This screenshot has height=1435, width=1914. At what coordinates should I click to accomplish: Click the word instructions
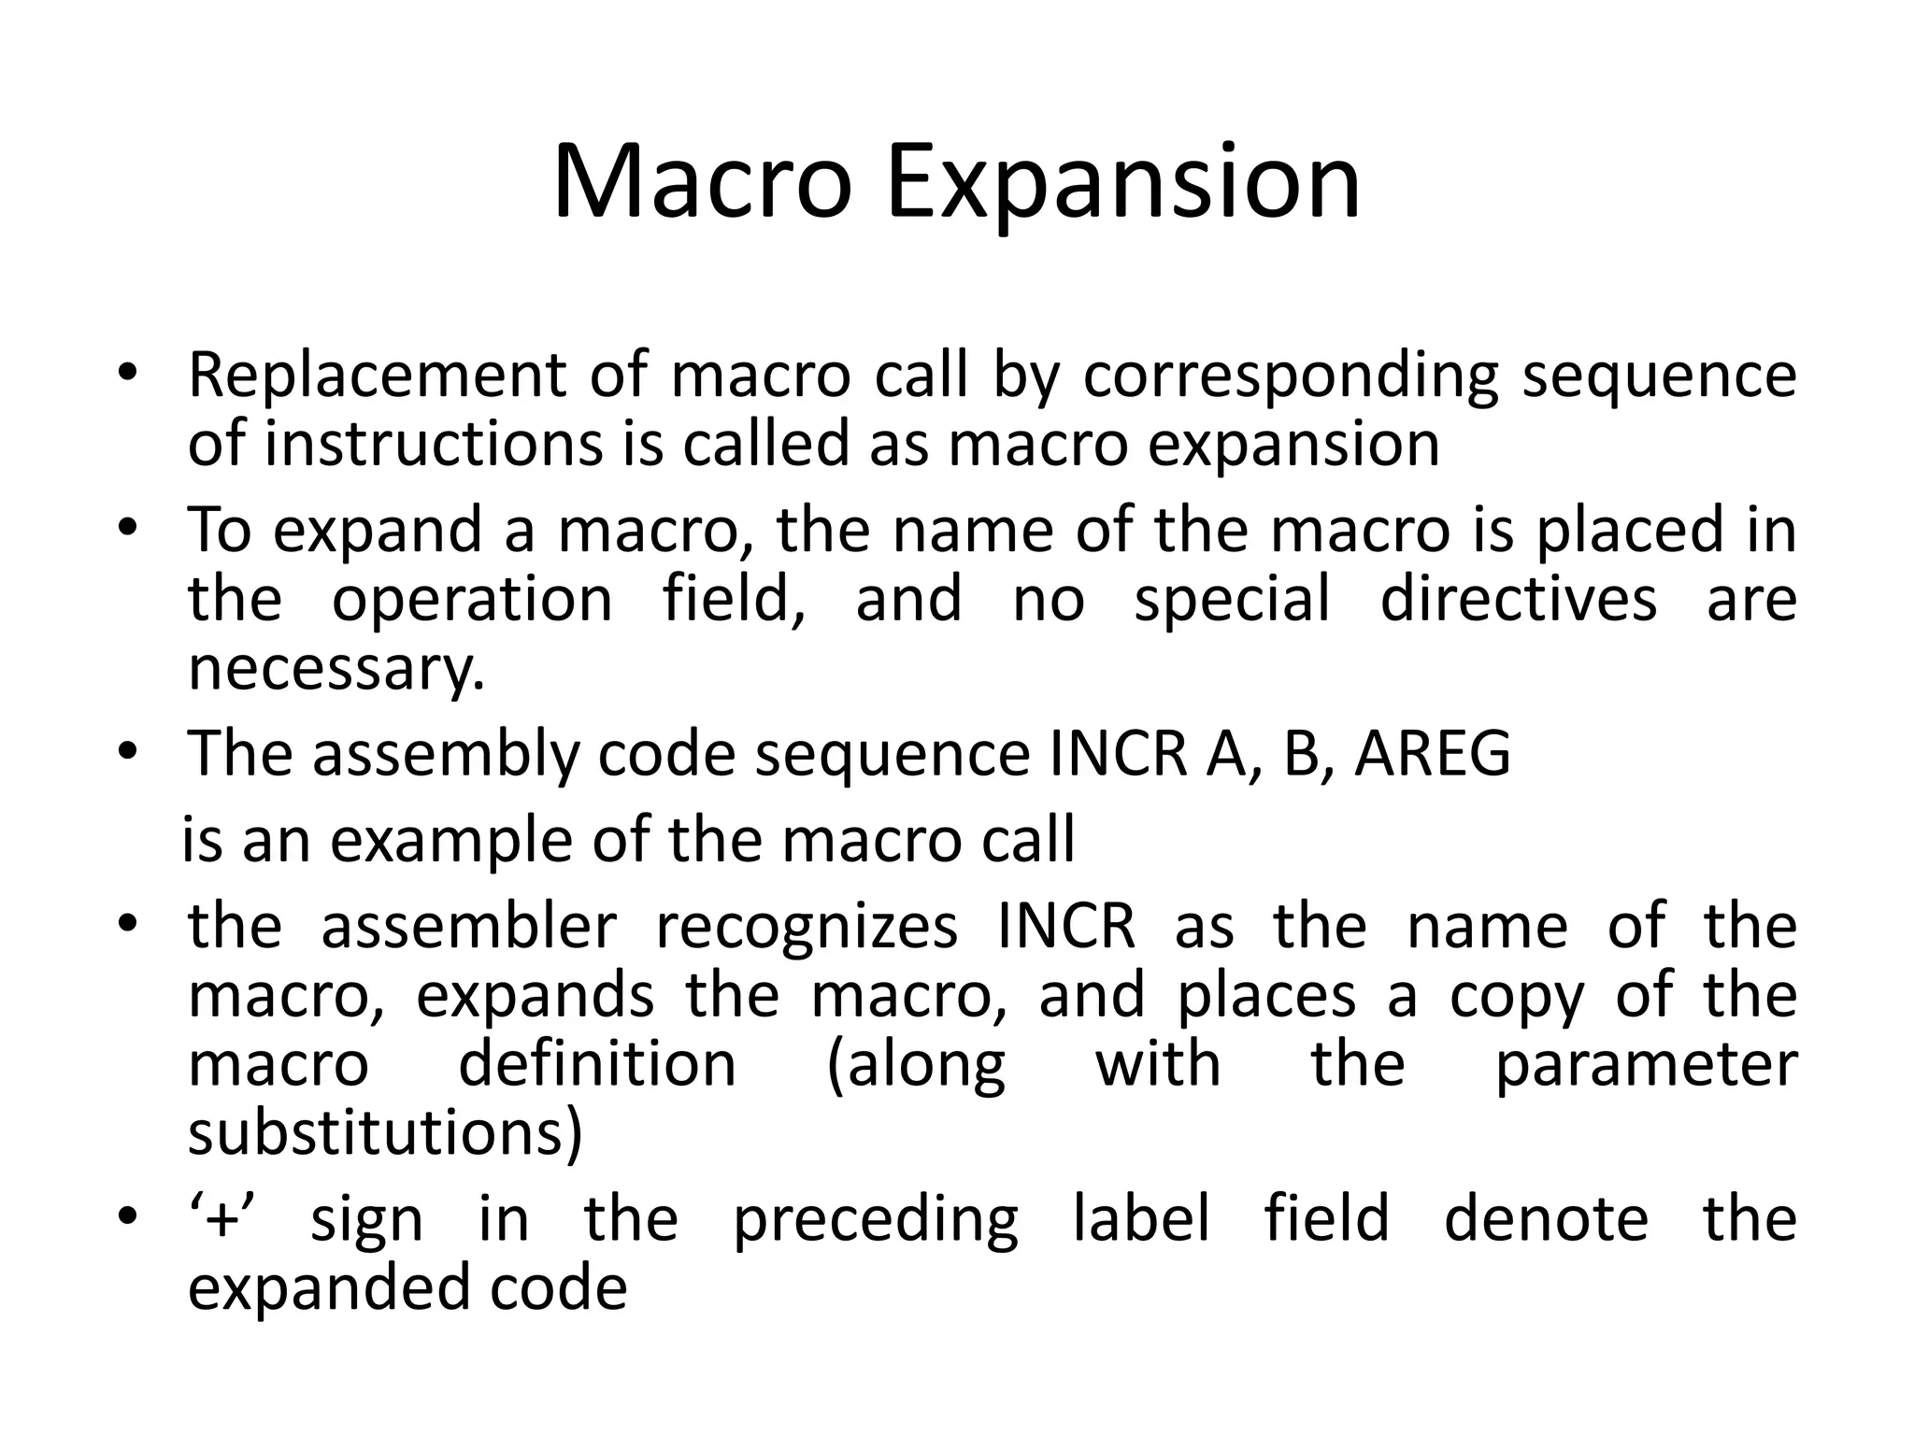point(434,445)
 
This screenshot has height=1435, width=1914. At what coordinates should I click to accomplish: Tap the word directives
point(1519,599)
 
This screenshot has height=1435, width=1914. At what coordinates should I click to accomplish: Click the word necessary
point(336,669)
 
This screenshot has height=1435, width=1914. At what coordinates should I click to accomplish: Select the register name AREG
point(1433,753)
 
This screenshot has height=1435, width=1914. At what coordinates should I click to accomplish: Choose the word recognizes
point(807,928)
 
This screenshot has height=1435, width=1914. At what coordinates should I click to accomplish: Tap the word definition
point(597,1064)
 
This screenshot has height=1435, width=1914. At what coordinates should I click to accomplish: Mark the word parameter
point(1646,1066)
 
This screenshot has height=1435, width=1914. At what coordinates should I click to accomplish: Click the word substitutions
point(385,1132)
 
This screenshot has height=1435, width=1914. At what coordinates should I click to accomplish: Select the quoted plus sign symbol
point(222,1220)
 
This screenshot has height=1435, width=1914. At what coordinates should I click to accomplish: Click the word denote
point(1546,1220)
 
